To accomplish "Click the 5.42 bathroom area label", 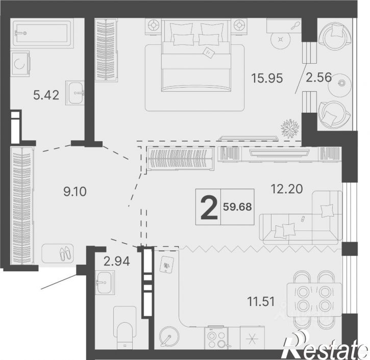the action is coord(46,95).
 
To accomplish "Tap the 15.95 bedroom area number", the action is coord(267,78).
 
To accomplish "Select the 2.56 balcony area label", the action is coord(319,78).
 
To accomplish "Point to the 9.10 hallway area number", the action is coord(75,191).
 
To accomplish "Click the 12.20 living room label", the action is coord(287,189).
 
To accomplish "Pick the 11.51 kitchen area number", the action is coord(261,301).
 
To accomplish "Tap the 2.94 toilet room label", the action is coord(117,262).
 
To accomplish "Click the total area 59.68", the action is coord(237,207).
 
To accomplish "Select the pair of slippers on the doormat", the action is coord(64,253).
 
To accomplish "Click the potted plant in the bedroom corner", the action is coord(290,128).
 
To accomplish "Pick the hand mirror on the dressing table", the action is coord(295,25).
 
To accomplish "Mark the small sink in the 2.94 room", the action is coord(105,282).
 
